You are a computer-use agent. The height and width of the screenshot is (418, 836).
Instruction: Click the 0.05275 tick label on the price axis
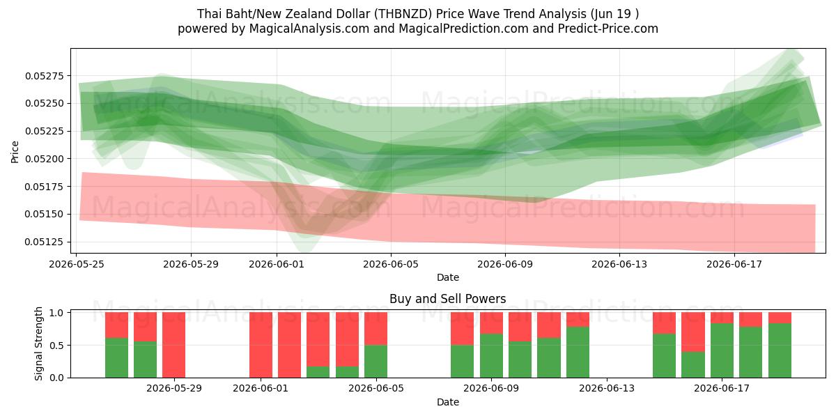pyautogui.click(x=45, y=76)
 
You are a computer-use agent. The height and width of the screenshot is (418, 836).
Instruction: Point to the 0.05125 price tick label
pyautogui.click(x=45, y=242)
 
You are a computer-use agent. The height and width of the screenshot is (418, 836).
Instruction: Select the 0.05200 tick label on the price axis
pyautogui.click(x=45, y=159)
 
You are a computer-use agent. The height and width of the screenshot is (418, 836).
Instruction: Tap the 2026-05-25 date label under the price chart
pyautogui.click(x=77, y=264)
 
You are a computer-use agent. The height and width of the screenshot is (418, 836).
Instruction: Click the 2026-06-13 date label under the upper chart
pyautogui.click(x=619, y=264)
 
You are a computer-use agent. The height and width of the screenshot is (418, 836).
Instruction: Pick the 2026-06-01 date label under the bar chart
pyautogui.click(x=261, y=389)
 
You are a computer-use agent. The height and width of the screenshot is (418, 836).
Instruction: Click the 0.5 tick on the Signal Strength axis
pyautogui.click(x=56, y=346)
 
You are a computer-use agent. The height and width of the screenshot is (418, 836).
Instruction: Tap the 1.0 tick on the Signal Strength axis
pyautogui.click(x=56, y=313)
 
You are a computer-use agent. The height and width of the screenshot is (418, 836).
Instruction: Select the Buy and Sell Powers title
pyautogui.click(x=447, y=299)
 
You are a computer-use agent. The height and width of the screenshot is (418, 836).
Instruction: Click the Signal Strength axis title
pyautogui.click(x=38, y=343)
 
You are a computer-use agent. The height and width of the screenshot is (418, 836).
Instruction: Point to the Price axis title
pyautogui.click(x=15, y=152)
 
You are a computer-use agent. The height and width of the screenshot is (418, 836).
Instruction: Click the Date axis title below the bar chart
pyautogui.click(x=448, y=402)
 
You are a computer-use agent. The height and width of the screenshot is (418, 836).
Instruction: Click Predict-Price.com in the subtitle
pyautogui.click(x=608, y=29)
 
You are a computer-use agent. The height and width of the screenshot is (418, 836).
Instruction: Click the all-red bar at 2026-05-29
pyautogui.click(x=174, y=345)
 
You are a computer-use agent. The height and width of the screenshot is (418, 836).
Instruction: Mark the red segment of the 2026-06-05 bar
pyautogui.click(x=376, y=328)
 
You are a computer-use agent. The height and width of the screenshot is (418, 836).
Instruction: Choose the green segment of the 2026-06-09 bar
pyautogui.click(x=491, y=356)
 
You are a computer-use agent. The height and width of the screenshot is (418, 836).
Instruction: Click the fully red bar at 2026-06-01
pyautogui.click(x=261, y=345)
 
